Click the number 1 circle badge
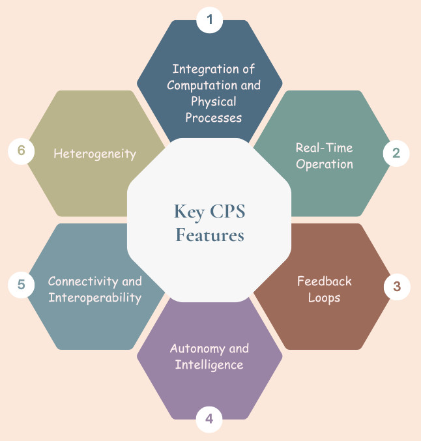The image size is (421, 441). pyautogui.click(x=209, y=20)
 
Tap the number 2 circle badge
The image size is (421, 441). pyautogui.click(x=396, y=154)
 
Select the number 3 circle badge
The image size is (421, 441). pyautogui.click(x=396, y=287)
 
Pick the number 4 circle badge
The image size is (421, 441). pyautogui.click(x=209, y=419)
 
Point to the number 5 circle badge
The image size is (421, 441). pyautogui.click(x=22, y=285)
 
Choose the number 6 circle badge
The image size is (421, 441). pyautogui.click(x=22, y=151)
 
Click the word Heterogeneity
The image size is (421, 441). pyautogui.click(x=94, y=154)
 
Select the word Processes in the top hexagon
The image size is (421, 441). pyautogui.click(x=214, y=118)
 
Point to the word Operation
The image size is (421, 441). pyautogui.click(x=324, y=164)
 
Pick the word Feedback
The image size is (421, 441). pyautogui.click(x=324, y=281)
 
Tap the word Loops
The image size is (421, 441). pyautogui.click(x=324, y=298)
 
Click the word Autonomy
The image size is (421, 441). pyautogui.click(x=194, y=349)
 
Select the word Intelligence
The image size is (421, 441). pyautogui.click(x=209, y=365)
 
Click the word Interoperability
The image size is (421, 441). pyautogui.click(x=94, y=298)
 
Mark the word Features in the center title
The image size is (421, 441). pyautogui.click(x=209, y=235)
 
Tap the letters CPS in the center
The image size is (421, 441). pyautogui.click(x=225, y=212)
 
